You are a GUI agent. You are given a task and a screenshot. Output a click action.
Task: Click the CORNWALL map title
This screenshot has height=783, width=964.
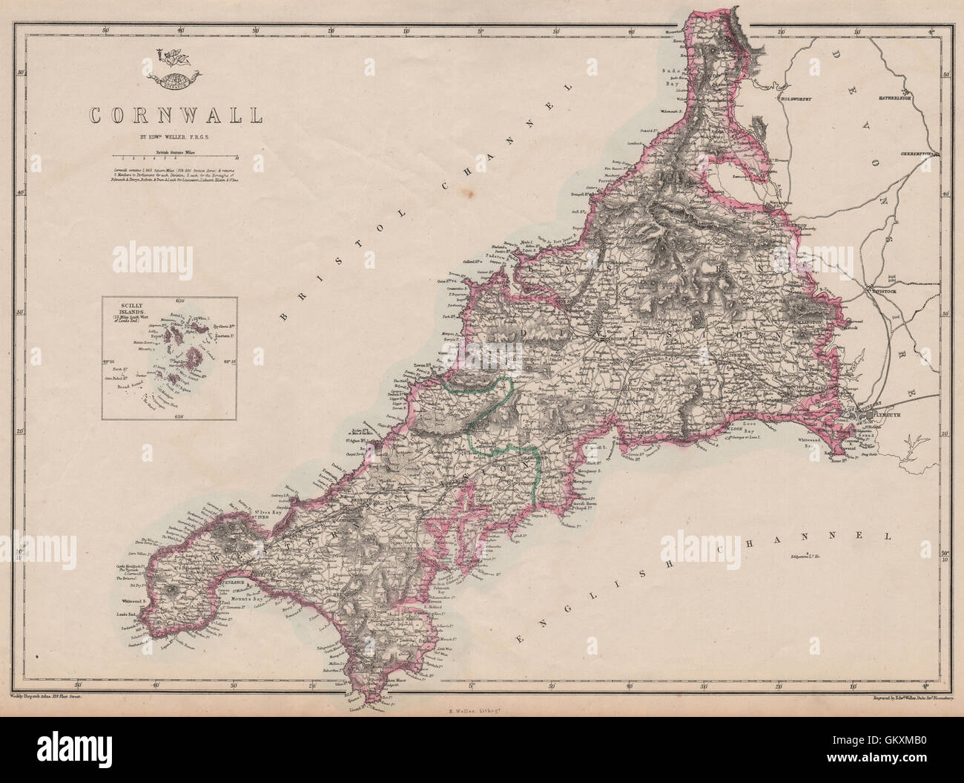175,116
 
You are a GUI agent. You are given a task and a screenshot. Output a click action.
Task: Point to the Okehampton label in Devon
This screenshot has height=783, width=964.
920,154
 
